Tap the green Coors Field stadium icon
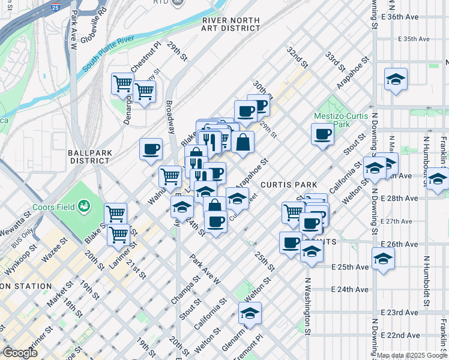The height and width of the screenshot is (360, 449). pyautogui.click(x=84, y=207)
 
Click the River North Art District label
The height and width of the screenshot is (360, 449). pyautogui.click(x=231, y=24)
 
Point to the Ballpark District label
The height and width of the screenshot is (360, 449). pyautogui.click(x=90, y=157)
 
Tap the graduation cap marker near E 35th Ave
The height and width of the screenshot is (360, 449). pyautogui.click(x=396, y=80)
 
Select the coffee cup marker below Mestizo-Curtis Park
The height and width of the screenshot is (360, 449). pyautogui.click(x=322, y=134)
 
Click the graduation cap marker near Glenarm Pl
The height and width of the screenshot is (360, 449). pyautogui.click(x=250, y=313)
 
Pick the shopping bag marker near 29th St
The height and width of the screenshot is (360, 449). pyautogui.click(x=243, y=143)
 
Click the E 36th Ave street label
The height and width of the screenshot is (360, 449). pyautogui.click(x=416, y=17)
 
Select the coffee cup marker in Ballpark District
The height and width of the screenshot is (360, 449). pyautogui.click(x=151, y=149)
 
